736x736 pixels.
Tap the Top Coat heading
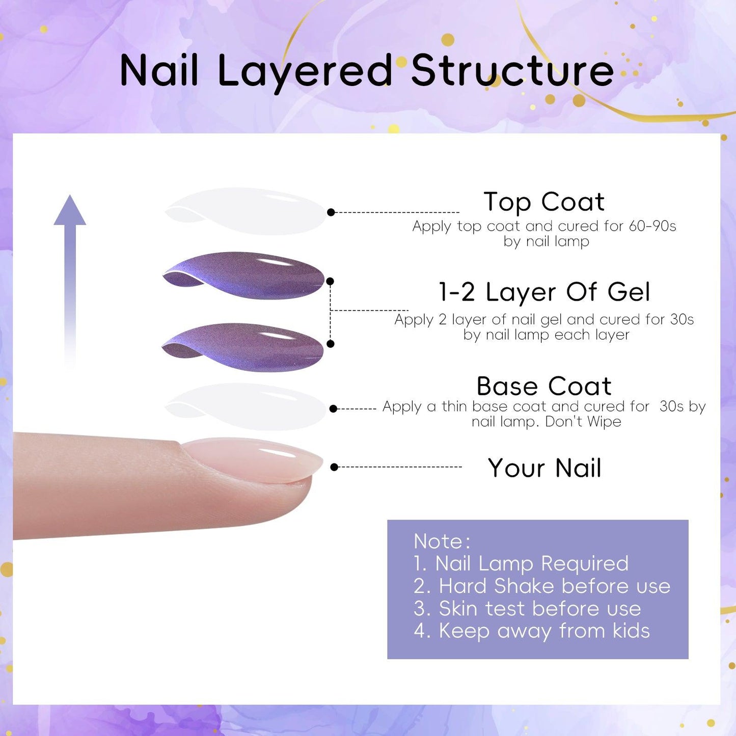point(544,202)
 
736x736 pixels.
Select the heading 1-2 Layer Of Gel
point(544,292)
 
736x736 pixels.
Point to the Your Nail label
point(544,468)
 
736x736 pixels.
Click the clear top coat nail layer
point(245,211)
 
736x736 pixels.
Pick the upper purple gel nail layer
point(243,276)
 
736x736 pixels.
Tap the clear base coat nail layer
point(245,407)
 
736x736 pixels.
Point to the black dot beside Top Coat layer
point(331,212)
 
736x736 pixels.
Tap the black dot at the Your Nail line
point(334,467)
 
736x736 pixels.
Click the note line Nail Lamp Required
point(521,563)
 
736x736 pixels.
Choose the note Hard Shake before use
point(542,586)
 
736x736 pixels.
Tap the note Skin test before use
point(528,609)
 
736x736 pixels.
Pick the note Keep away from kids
point(532,631)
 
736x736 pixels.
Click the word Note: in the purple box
point(442,541)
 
